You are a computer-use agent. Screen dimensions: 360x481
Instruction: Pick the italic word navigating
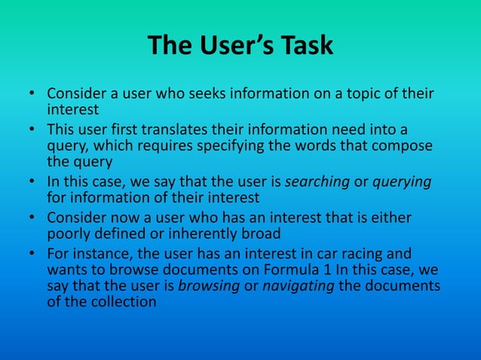pos(297,286)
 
